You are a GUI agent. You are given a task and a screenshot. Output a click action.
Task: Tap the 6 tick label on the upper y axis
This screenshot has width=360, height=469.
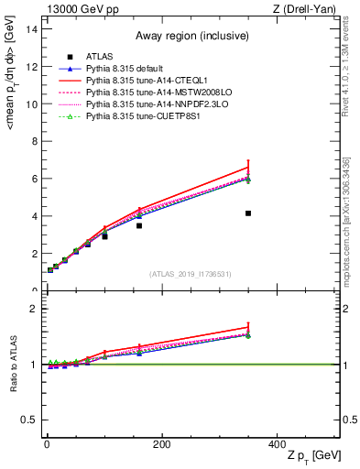point(34,180)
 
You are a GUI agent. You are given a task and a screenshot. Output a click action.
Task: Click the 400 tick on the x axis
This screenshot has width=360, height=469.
point(277,444)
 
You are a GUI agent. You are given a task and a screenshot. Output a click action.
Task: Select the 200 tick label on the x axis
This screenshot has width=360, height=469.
point(161,444)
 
